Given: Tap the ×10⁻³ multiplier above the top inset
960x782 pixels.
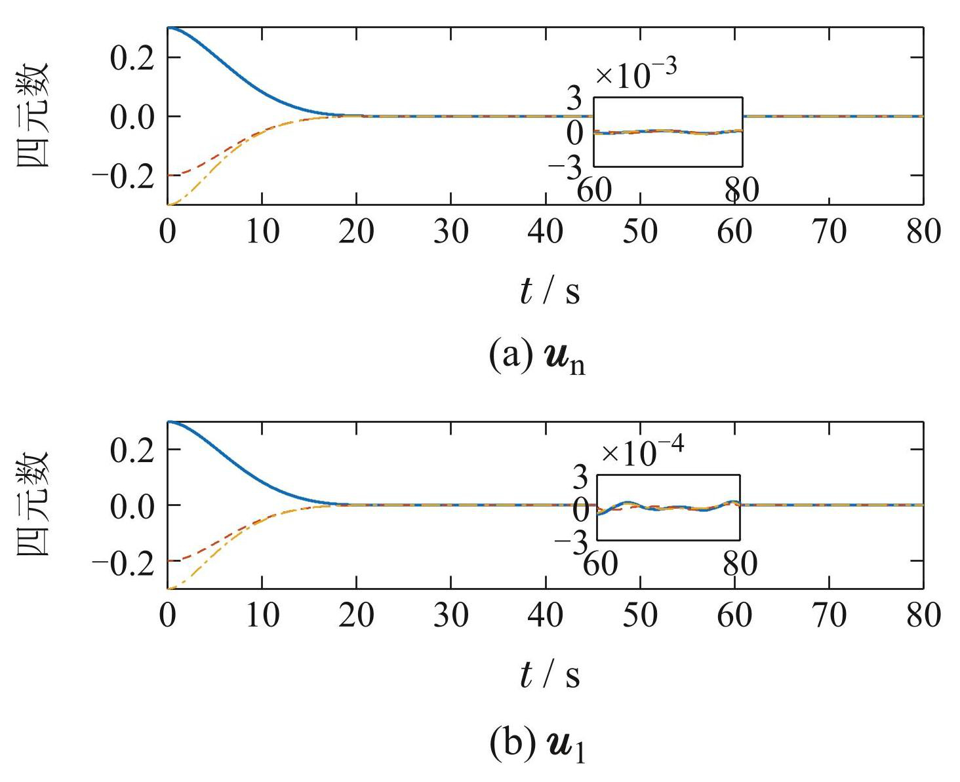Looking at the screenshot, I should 635,73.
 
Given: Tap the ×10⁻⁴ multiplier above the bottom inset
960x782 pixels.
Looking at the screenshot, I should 643,453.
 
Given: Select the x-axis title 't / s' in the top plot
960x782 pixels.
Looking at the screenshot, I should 550,291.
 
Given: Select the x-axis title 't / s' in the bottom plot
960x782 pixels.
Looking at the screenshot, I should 550,675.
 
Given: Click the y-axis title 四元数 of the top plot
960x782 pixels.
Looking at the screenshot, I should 33,115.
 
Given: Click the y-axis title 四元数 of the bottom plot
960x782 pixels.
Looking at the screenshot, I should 33,504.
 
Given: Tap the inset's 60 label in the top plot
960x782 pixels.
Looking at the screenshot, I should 594,190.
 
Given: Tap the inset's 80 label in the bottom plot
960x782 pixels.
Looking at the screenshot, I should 740,564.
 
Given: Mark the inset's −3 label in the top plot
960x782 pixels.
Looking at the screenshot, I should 565,168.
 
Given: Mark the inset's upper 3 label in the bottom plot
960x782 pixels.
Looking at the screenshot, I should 581,479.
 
